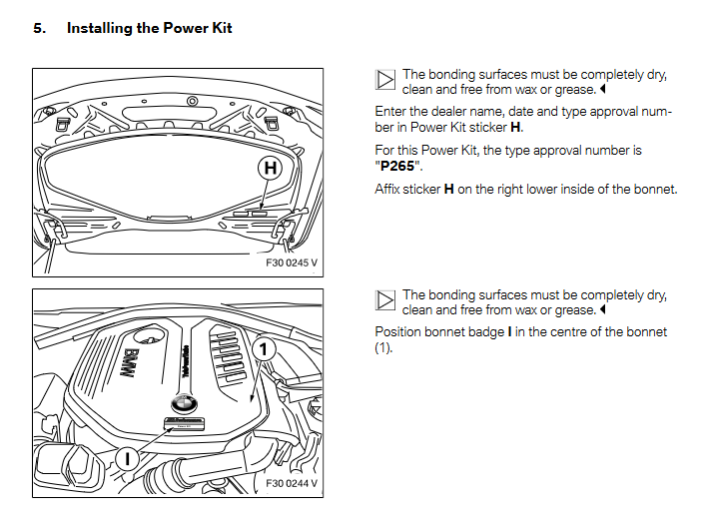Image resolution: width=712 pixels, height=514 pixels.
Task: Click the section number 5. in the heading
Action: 40,28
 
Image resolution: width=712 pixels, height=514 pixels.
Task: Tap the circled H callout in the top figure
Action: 270,169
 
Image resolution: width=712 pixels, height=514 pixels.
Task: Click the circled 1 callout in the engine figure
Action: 263,348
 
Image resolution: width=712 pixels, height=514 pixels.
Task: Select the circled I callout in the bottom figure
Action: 129,459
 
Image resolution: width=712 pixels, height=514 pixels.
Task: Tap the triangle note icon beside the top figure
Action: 385,80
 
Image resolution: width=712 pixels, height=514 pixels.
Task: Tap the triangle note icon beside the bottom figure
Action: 385,300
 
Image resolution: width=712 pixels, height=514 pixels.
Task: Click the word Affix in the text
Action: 389,189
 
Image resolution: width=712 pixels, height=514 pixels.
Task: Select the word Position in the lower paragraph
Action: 398,331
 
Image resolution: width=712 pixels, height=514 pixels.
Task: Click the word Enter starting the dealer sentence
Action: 391,112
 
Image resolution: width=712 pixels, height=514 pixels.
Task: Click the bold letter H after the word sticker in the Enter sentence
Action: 515,127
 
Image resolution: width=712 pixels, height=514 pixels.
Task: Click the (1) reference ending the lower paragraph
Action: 383,347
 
